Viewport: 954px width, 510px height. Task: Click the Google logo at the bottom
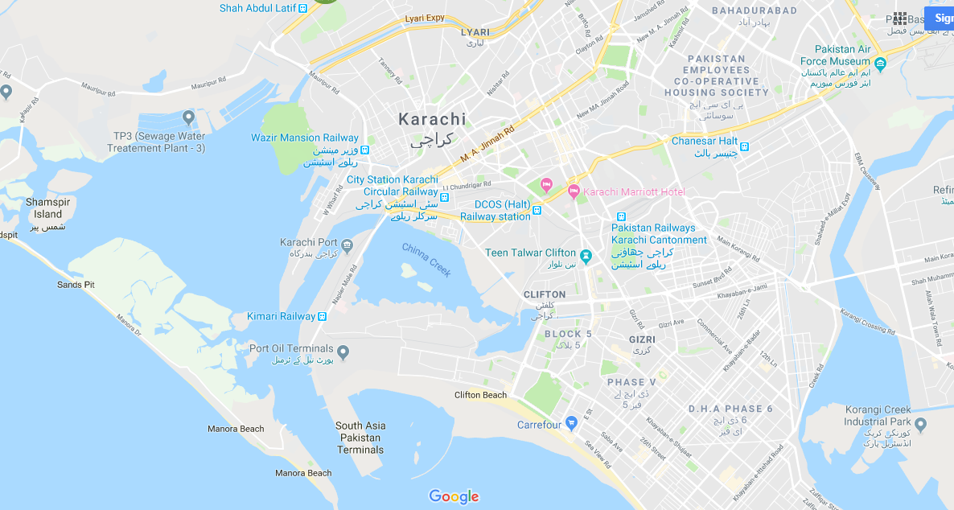pos(454,496)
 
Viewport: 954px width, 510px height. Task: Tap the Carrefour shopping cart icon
pos(571,422)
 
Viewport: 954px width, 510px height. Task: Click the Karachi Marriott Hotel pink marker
pos(574,191)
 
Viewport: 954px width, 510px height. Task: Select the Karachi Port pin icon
pos(347,244)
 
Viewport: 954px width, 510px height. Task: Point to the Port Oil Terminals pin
pos(343,352)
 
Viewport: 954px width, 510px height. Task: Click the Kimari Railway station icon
pos(323,317)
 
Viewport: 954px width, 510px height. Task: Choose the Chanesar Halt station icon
pos(745,146)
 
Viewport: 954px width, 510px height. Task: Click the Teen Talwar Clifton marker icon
pos(586,257)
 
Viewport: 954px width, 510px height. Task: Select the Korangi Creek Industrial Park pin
pos(921,424)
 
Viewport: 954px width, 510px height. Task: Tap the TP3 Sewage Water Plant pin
pos(189,118)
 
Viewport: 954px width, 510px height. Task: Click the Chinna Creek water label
pos(426,259)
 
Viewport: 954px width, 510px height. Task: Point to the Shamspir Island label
pos(47,208)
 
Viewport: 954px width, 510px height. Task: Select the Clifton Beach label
pos(480,395)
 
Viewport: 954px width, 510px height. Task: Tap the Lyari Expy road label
pos(425,18)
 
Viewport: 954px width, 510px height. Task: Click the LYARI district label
pos(475,32)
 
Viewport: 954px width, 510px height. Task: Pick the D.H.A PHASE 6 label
pos(730,409)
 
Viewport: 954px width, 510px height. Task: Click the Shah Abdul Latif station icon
pos(302,8)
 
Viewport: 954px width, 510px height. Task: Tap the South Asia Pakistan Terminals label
pos(360,438)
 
